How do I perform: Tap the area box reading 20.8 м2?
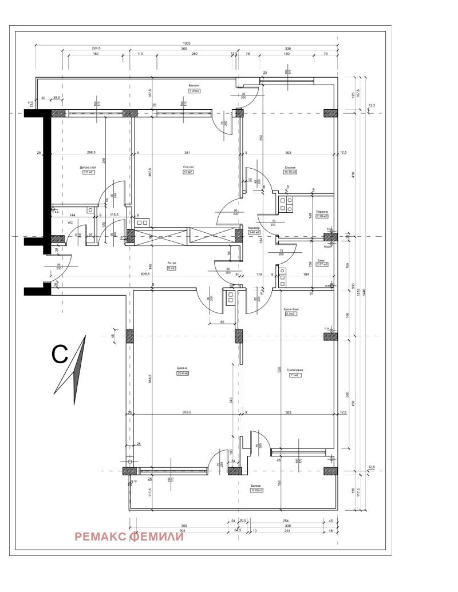183,374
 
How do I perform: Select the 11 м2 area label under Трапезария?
295,376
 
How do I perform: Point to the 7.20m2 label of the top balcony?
193,90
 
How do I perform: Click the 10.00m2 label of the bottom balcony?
256,490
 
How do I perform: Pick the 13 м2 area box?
187,172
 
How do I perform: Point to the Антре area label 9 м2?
171,268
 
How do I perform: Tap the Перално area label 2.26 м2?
322,216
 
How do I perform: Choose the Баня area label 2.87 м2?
322,264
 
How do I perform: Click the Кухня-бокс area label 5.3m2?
290,314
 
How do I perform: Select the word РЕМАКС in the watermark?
100,537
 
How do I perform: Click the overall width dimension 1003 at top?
187,43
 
